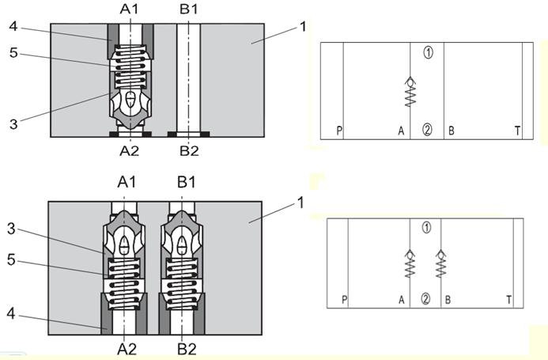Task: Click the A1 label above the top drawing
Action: pos(129,9)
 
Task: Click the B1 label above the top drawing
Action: pos(188,9)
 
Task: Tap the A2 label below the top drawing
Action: pos(129,151)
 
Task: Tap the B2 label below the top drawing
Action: pos(189,151)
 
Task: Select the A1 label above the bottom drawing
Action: pos(127,182)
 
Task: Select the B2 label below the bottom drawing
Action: pos(187,349)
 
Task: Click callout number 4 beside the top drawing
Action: pos(13,26)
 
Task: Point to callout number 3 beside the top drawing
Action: pos(13,124)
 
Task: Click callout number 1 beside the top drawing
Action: pos(303,27)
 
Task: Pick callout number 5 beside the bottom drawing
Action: pos(11,260)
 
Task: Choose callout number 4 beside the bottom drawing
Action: pos(11,314)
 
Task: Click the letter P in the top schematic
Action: pos(339,131)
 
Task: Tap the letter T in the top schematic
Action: pos(517,131)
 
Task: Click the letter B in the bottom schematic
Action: pos(448,300)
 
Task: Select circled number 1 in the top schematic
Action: pos(428,53)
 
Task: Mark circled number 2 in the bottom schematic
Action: pos(425,299)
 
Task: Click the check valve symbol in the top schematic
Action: pos(410,91)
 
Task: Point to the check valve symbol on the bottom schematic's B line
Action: pos(440,263)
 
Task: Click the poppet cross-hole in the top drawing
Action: pos(130,100)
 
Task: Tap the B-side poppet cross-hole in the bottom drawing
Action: pos(182,244)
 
